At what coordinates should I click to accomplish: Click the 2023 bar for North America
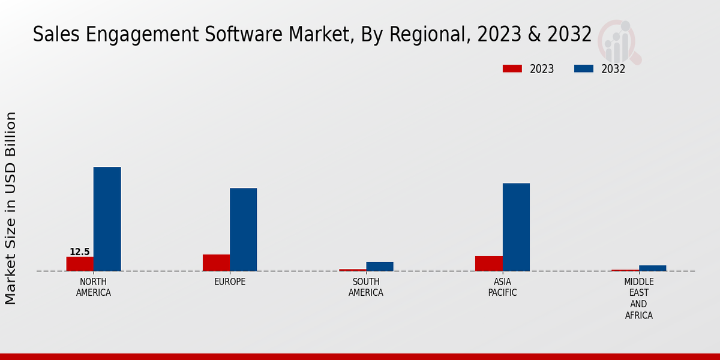(x=80, y=264)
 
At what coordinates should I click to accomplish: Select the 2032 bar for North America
(x=107, y=219)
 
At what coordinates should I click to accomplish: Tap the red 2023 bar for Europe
(x=216, y=263)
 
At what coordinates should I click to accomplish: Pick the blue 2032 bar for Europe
(x=244, y=230)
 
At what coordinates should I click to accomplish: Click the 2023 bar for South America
(x=352, y=270)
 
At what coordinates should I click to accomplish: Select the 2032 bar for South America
(x=380, y=266)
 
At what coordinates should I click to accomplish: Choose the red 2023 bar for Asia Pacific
(x=489, y=263)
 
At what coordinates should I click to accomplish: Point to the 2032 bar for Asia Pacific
(x=516, y=227)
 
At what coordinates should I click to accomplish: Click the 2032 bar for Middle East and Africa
(x=653, y=268)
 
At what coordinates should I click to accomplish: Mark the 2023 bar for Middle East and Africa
(x=625, y=270)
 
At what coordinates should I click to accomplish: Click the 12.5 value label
(x=80, y=252)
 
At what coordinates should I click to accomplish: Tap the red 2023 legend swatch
(x=512, y=69)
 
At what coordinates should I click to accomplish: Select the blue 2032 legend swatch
(x=584, y=69)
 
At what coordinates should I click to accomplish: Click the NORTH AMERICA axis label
(x=94, y=287)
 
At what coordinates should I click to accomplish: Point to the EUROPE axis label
(x=230, y=282)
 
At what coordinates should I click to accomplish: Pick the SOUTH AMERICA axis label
(x=366, y=287)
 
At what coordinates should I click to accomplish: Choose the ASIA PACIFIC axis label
(x=503, y=287)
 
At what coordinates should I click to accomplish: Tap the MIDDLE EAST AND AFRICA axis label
(x=639, y=298)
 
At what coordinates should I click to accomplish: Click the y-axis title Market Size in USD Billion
(x=11, y=208)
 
